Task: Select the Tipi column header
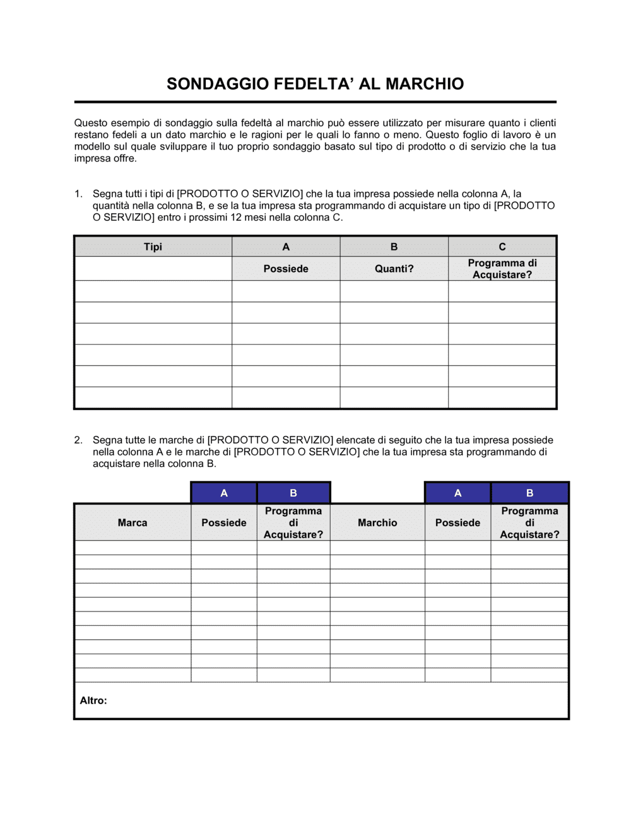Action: (153, 247)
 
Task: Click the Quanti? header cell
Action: (394, 269)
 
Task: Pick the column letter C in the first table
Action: (502, 247)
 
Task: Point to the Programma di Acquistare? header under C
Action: (502, 269)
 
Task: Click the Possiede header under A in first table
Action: (286, 269)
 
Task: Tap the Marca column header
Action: (133, 522)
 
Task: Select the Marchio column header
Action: (377, 522)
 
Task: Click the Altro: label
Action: (93, 700)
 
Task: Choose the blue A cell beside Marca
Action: (224, 493)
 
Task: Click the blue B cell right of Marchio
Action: (529, 493)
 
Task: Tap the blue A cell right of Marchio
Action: (457, 493)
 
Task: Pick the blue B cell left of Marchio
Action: (293, 493)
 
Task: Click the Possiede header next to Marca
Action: (224, 522)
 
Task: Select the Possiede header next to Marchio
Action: (457, 522)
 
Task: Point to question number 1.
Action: (78, 194)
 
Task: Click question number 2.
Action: (78, 440)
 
